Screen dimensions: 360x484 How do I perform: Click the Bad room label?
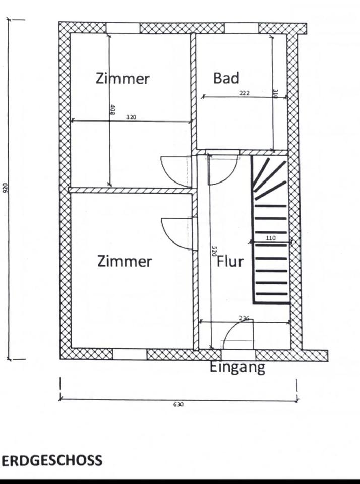[226, 78]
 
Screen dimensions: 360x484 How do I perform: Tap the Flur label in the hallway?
[230, 262]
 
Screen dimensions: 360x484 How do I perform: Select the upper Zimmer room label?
[123, 79]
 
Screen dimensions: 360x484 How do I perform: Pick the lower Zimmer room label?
[125, 261]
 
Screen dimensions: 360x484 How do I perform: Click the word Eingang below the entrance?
[237, 367]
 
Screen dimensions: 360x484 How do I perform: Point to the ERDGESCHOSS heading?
[52, 460]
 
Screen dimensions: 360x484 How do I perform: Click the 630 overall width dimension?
[178, 404]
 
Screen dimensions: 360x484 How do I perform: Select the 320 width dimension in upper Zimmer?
[131, 117]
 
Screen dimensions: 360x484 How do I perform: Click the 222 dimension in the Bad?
[244, 93]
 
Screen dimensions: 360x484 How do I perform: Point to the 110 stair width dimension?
[271, 238]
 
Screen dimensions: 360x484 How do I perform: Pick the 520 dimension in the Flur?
[214, 251]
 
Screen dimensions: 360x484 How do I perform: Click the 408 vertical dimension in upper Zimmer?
[112, 110]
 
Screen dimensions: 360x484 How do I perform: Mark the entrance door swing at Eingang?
[237, 334]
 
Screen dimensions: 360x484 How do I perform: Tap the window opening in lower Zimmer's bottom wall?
[130, 354]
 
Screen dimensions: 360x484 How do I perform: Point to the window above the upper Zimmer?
[123, 28]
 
